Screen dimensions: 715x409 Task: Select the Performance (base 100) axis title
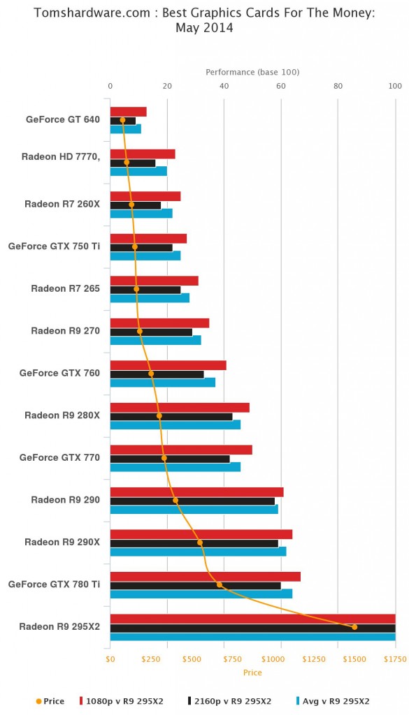(252, 72)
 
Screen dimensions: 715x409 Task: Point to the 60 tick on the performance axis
(281, 86)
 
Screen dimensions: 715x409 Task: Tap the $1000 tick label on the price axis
(280, 658)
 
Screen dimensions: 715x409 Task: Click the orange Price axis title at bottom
(252, 672)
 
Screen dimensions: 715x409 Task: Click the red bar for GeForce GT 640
(128, 112)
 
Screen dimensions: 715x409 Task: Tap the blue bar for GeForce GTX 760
(162, 382)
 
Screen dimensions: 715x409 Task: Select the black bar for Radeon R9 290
(192, 501)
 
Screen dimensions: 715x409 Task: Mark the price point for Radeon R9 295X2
(354, 627)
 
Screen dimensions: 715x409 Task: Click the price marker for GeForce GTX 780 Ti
(219, 584)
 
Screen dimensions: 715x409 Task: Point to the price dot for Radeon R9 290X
(200, 542)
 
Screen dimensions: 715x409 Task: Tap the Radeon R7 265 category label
(65, 288)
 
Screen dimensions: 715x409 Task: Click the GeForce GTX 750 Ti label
(54, 246)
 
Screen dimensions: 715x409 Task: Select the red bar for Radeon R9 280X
(180, 408)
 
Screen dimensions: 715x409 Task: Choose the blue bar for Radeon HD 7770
(138, 171)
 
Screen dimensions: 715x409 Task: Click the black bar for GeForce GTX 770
(170, 459)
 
